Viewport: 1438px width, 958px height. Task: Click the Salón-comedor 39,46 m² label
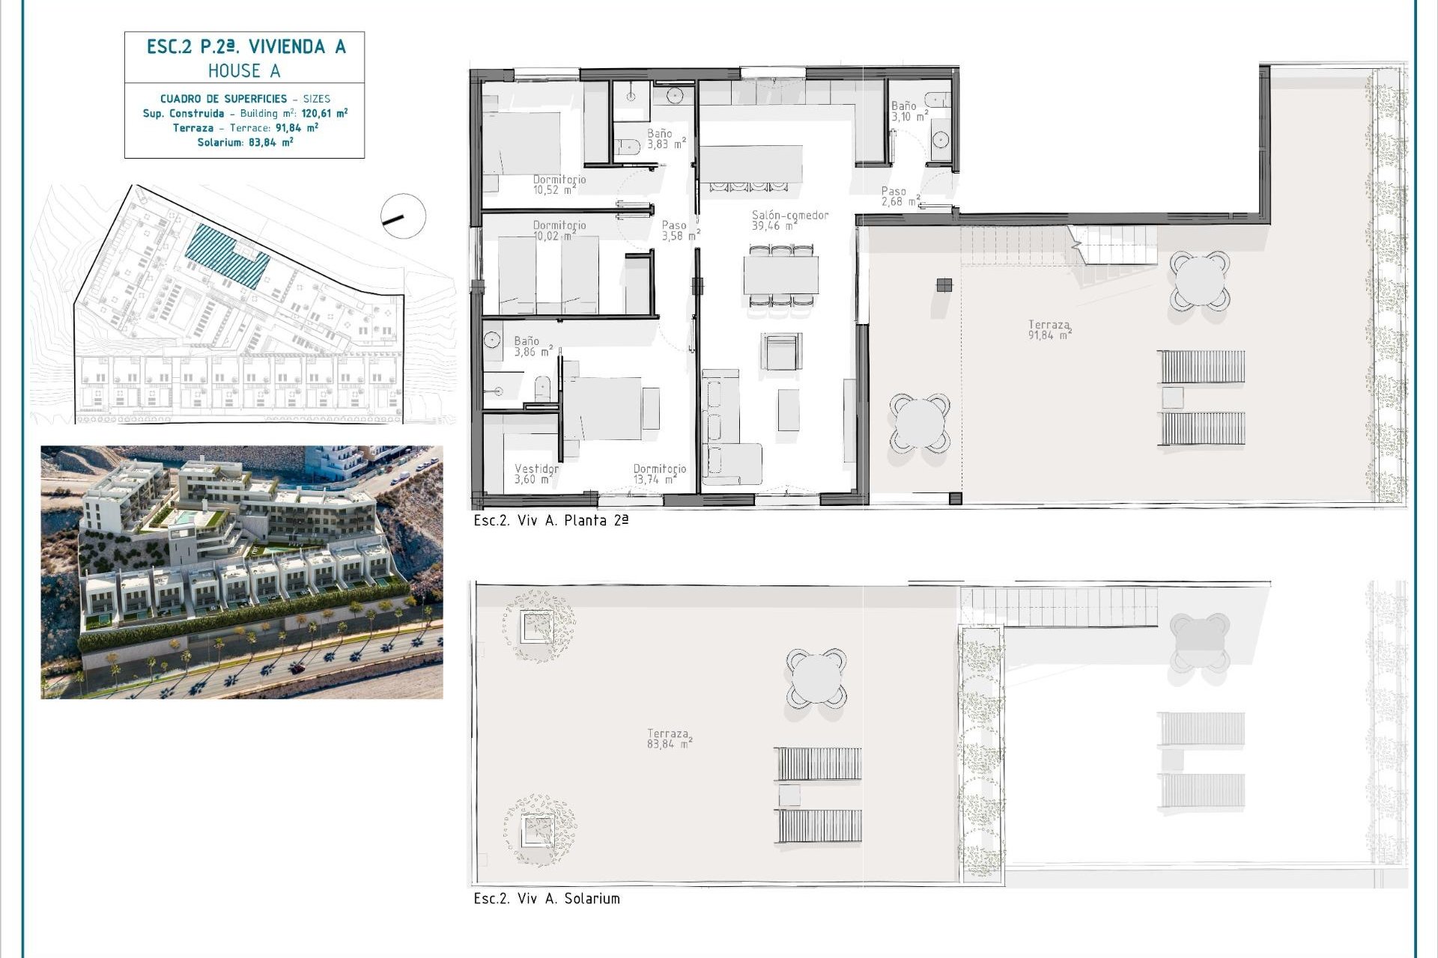click(x=789, y=220)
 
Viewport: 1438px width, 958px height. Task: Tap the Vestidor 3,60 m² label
click(x=536, y=474)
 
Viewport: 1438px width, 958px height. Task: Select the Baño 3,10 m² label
click(x=908, y=112)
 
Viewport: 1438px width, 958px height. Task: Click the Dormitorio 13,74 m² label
click(x=659, y=474)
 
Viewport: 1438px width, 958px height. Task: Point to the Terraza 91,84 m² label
click(x=1049, y=330)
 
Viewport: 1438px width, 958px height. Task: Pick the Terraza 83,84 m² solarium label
click(x=669, y=739)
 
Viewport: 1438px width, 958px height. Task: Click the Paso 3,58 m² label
click(x=679, y=231)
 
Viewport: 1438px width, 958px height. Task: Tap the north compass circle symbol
click(x=403, y=216)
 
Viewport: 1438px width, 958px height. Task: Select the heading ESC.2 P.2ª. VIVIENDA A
click(x=246, y=47)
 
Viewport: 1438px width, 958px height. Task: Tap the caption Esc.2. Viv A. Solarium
click(x=547, y=899)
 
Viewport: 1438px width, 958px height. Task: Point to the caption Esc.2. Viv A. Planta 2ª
click(x=550, y=521)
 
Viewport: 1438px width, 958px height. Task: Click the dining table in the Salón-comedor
click(x=780, y=275)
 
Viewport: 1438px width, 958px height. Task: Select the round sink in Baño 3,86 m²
click(x=492, y=341)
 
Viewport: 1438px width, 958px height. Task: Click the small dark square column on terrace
click(x=944, y=284)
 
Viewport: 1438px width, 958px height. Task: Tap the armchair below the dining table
click(x=781, y=352)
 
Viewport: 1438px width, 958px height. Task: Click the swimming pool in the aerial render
click(x=184, y=517)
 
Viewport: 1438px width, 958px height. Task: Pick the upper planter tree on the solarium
click(x=539, y=626)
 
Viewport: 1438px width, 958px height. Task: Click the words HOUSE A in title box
click(x=244, y=71)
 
